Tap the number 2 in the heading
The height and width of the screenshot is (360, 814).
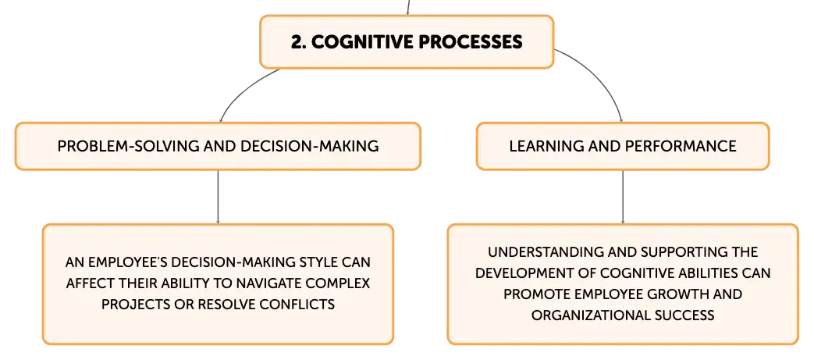pyautogui.click(x=297, y=42)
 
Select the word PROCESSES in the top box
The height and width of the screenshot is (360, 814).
pyautogui.click(x=470, y=42)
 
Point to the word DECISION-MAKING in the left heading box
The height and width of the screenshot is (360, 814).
pyautogui.click(x=310, y=146)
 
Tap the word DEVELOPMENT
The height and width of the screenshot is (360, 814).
pyautogui.click(x=521, y=273)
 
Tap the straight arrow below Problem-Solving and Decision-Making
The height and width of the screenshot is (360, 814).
pyautogui.click(x=218, y=197)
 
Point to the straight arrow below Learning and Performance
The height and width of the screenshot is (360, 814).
pyautogui.click(x=623, y=197)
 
